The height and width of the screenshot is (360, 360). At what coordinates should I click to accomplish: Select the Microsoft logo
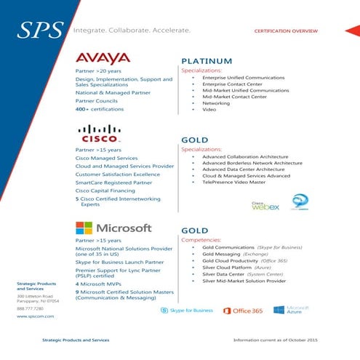click(113, 228)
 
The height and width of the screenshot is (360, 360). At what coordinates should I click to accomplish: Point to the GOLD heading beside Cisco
click(194, 140)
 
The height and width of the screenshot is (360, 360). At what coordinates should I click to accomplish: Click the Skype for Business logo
click(187, 310)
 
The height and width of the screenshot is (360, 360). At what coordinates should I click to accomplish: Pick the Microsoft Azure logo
click(286, 310)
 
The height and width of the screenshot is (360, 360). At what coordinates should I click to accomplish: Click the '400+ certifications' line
click(100, 108)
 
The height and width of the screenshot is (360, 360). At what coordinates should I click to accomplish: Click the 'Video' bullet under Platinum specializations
click(209, 110)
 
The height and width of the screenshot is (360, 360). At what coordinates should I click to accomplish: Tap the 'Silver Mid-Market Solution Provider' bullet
click(244, 280)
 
